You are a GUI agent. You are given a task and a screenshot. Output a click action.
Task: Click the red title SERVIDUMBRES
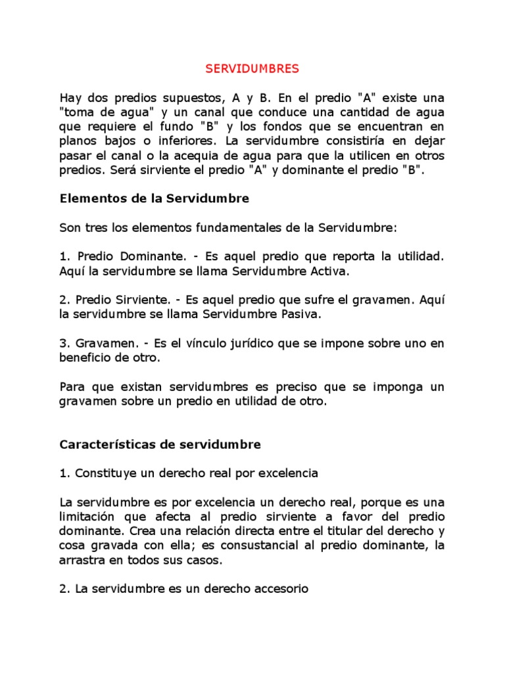pyautogui.click(x=252, y=68)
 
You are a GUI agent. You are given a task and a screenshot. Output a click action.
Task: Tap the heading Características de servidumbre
pyautogui.click(x=160, y=444)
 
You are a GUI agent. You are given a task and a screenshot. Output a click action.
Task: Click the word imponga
pyautogui.click(x=385, y=386)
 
